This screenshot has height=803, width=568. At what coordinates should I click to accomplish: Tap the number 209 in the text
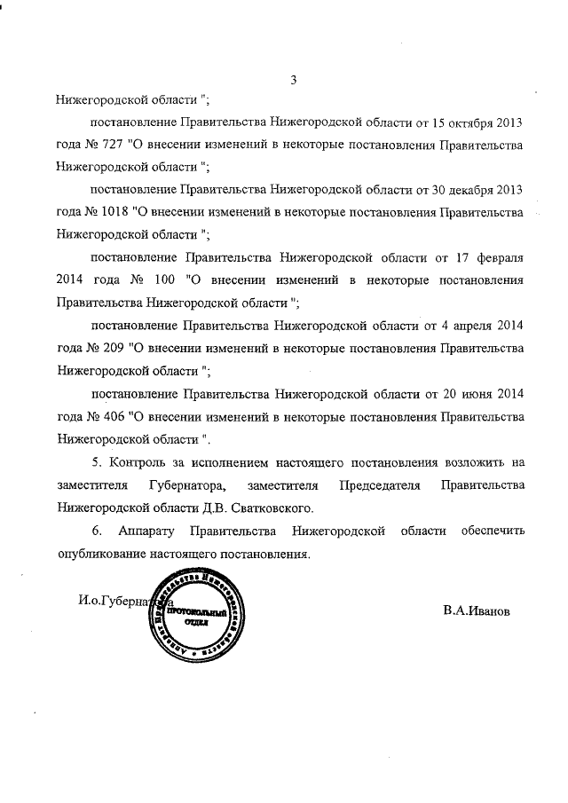pyautogui.click(x=112, y=350)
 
